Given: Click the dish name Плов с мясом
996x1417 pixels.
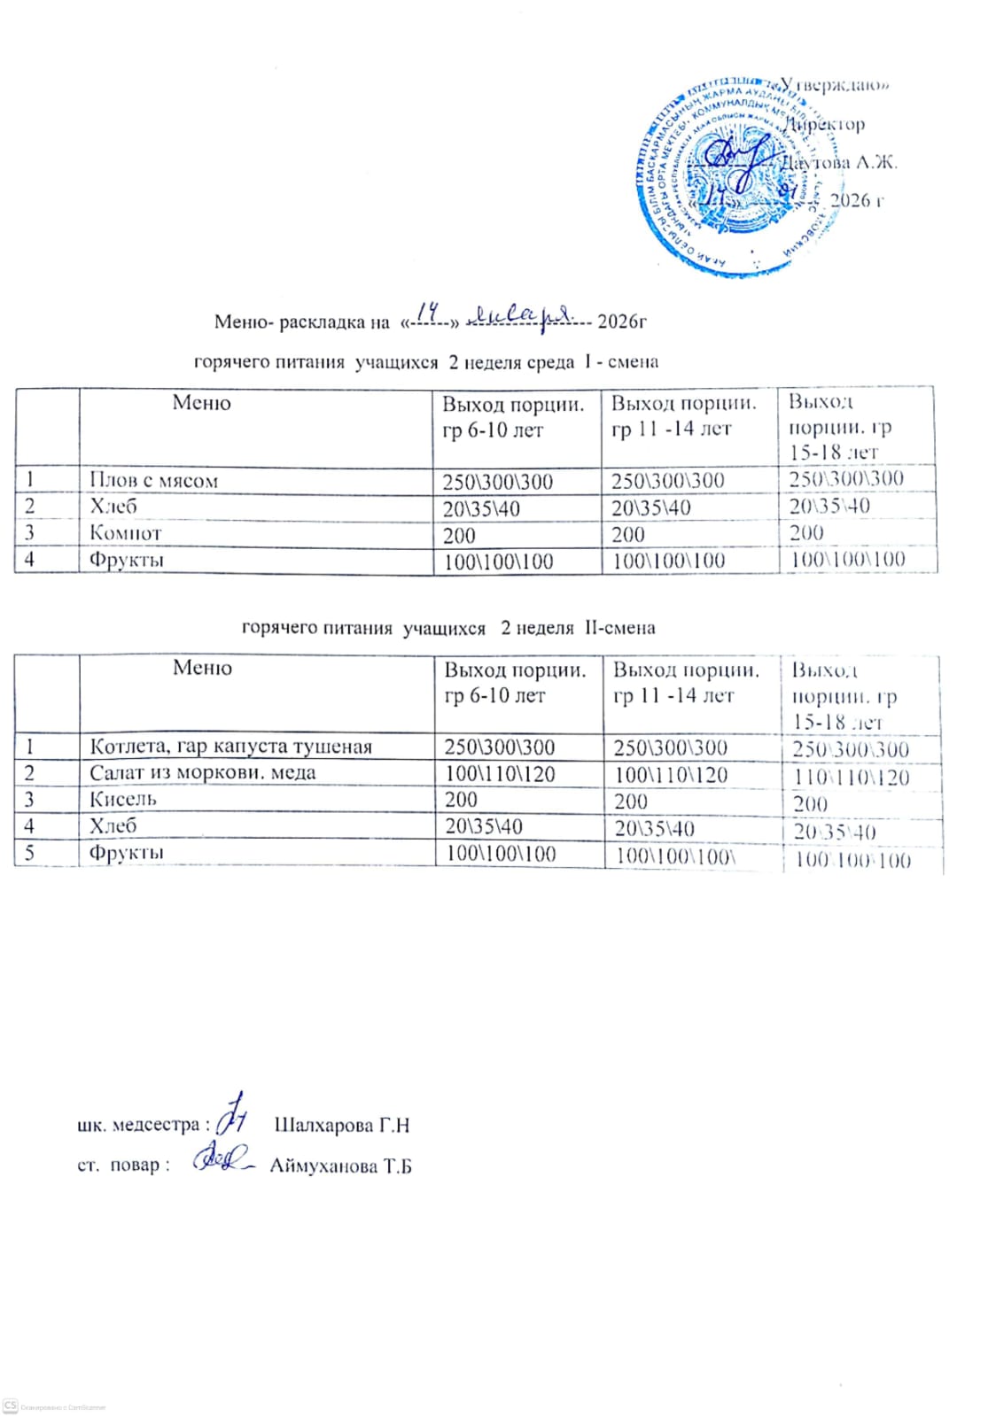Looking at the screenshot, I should (x=153, y=481).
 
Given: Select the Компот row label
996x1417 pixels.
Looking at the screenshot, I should (x=125, y=533).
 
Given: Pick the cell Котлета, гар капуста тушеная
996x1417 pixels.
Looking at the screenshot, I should (x=230, y=747).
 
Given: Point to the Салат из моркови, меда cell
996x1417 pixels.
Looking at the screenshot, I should (x=202, y=773).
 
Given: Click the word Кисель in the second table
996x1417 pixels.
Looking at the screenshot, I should (x=122, y=799).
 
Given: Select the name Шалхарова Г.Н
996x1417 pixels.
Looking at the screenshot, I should (x=341, y=1126).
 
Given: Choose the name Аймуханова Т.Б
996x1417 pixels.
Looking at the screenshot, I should (x=340, y=1166).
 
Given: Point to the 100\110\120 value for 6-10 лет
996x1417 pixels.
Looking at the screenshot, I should (x=500, y=774).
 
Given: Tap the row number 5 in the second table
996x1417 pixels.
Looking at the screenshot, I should (x=29, y=853).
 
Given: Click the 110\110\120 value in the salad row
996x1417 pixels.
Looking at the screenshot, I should (x=850, y=778).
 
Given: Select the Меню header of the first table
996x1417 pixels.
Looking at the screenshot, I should (x=201, y=403).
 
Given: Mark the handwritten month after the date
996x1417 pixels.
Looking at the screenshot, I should (x=521, y=314).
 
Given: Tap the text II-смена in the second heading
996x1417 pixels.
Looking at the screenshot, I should (x=619, y=628).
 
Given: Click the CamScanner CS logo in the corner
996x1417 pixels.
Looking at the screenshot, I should (x=11, y=1406).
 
